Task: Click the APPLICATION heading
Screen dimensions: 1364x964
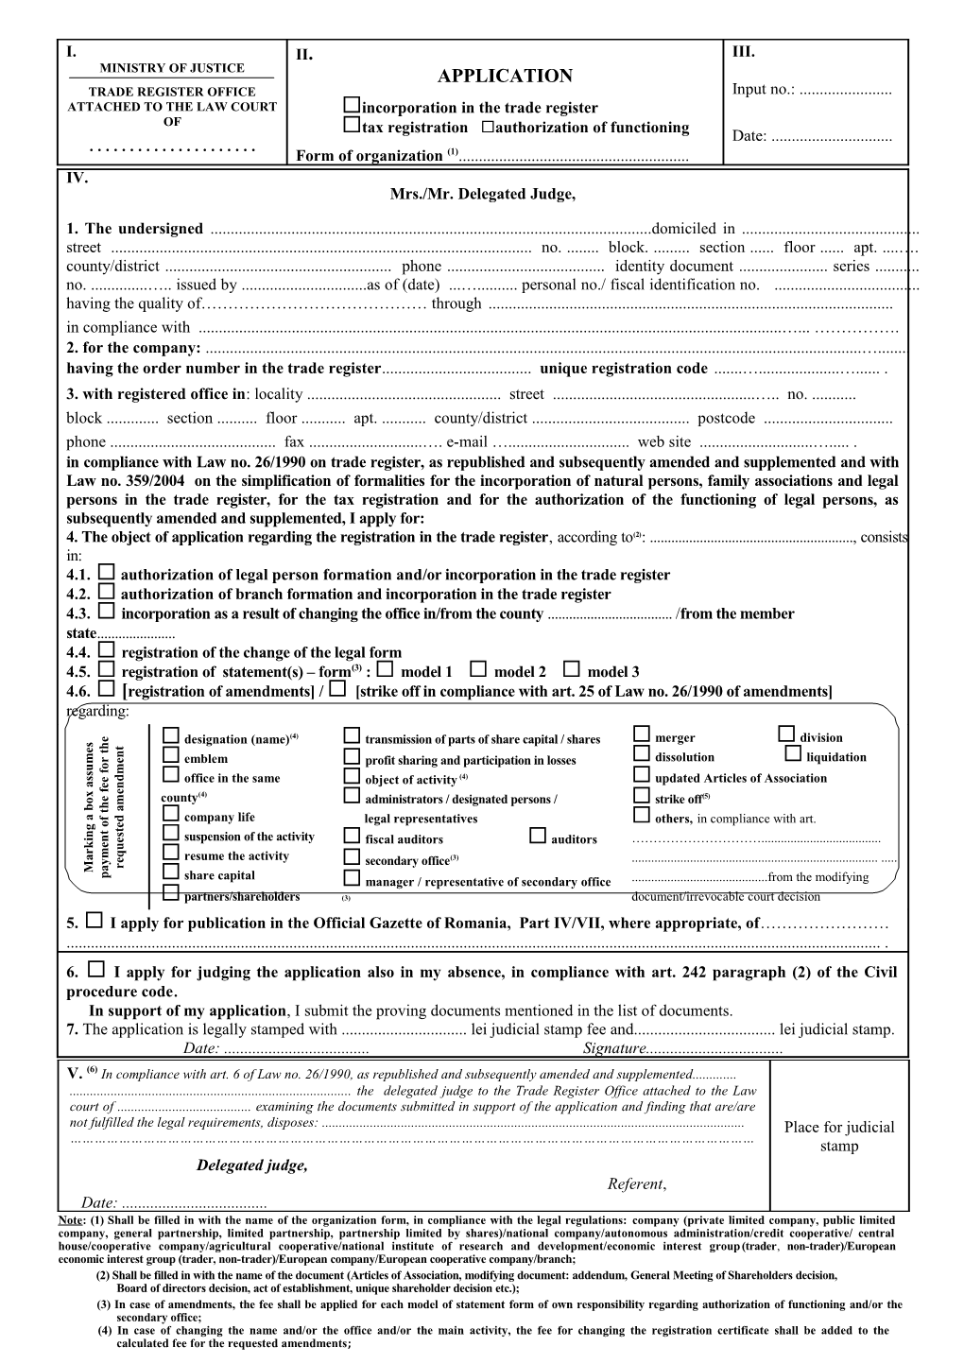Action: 506,77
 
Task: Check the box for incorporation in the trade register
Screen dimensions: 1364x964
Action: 352,106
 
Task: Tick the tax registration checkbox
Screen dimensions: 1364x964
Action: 352,126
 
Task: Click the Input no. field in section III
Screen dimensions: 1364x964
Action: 851,91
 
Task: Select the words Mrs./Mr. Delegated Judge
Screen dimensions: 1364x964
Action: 482,194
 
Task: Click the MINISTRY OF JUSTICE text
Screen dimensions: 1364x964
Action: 172,68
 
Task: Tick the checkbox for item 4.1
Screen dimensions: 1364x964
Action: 107,573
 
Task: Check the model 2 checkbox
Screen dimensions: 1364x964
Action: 478,669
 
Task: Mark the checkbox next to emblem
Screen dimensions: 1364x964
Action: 171,755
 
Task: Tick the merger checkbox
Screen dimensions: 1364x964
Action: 642,734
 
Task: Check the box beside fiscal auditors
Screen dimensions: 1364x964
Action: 352,837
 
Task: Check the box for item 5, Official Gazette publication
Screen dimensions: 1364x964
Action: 95,921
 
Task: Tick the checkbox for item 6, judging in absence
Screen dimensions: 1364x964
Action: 96,970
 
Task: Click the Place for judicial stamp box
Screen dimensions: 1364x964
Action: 838,1135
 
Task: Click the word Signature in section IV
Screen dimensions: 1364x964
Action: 614,1048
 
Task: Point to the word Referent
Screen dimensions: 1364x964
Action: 636,1183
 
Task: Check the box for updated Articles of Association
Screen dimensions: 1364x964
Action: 642,775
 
